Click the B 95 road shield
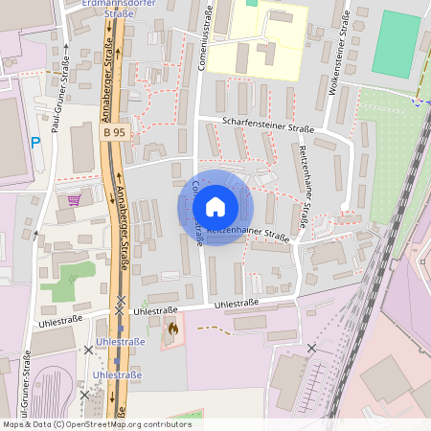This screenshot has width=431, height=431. click(x=114, y=132)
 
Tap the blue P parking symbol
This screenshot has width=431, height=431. click(x=35, y=143)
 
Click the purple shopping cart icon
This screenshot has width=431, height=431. click(x=75, y=199)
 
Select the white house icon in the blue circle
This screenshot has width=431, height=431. click(x=215, y=207)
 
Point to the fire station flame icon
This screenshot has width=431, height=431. click(x=172, y=329)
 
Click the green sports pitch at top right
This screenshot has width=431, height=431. click(x=396, y=44)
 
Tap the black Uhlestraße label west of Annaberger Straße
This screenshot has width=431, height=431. click(x=60, y=321)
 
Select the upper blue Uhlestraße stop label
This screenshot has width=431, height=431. click(x=120, y=342)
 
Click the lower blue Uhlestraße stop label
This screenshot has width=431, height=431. click(x=117, y=374)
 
